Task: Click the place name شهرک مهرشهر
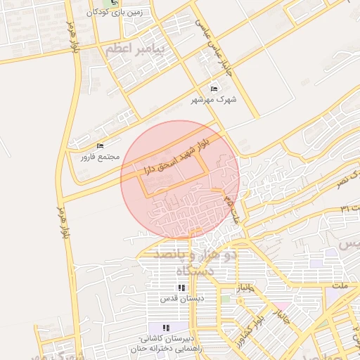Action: [214, 100]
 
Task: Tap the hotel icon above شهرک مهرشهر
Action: [214, 89]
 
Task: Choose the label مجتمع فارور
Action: [100, 156]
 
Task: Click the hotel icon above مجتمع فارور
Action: [100, 146]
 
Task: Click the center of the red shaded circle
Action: [180, 179]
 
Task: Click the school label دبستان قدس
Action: [181, 298]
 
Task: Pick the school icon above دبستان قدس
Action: [181, 288]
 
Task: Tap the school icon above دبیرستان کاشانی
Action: [167, 328]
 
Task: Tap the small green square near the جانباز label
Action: [226, 300]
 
